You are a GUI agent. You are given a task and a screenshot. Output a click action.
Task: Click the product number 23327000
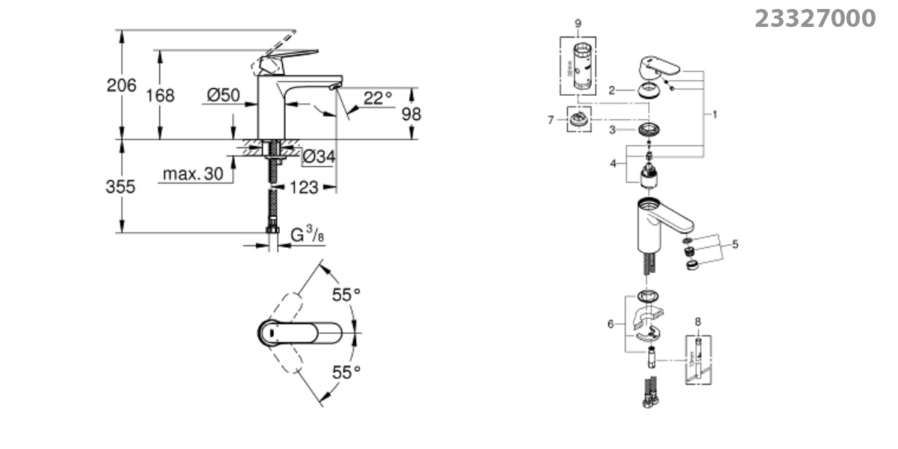815,18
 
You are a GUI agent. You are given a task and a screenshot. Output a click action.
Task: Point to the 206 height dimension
121,85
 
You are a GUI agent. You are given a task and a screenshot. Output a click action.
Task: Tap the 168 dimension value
160,96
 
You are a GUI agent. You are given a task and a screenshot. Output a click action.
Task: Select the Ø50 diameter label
222,95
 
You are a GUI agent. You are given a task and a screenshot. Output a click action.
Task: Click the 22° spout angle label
378,98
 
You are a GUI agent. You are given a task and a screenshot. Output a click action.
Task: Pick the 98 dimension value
412,114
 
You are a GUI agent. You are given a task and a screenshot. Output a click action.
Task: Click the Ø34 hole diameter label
318,156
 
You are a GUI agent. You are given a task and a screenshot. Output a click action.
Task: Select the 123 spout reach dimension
303,187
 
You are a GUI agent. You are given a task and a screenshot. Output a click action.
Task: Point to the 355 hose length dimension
121,186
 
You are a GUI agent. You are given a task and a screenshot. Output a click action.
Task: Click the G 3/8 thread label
308,235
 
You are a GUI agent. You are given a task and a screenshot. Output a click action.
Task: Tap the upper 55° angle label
346,295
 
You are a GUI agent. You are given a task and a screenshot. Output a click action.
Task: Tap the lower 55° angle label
346,370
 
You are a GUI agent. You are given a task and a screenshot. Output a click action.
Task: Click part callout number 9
578,24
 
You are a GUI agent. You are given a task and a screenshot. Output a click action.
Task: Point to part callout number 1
715,114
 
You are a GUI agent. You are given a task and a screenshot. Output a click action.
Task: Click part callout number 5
735,244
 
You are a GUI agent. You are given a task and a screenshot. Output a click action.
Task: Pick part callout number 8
698,322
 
